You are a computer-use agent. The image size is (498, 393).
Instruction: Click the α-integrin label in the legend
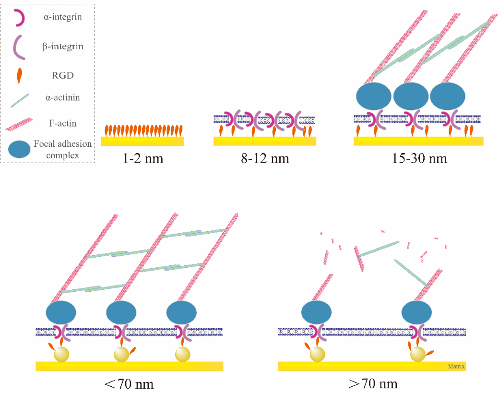pyautogui.click(x=62, y=16)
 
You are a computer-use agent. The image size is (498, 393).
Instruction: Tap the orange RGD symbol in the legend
pyautogui.click(x=19, y=76)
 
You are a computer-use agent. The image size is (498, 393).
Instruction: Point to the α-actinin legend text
pyautogui.click(x=62, y=97)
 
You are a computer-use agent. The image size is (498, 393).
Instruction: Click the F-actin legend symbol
pyautogui.click(x=19, y=124)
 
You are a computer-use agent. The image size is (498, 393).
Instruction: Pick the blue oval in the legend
pyautogui.click(x=19, y=149)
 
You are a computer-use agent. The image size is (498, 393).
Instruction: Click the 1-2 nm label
pyautogui.click(x=142, y=158)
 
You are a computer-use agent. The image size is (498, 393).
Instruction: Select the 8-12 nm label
pyautogui.click(x=265, y=158)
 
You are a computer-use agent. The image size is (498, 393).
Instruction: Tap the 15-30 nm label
pyautogui.click(x=419, y=158)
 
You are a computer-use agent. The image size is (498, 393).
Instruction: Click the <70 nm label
pyautogui.click(x=129, y=384)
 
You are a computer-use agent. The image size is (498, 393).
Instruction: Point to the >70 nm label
pyautogui.click(x=373, y=384)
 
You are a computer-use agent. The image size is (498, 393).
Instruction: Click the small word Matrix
pyautogui.click(x=456, y=366)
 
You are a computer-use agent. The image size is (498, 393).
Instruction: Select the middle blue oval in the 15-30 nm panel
pyautogui.click(x=411, y=96)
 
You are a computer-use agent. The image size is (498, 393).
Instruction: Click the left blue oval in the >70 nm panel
pyautogui.click(x=316, y=312)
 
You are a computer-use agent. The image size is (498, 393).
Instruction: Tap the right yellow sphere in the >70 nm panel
pyautogui.click(x=417, y=354)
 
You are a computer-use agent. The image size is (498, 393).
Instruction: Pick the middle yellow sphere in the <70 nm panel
pyautogui.click(x=121, y=354)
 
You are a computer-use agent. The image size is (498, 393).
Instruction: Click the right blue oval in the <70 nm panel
pyautogui.click(x=181, y=312)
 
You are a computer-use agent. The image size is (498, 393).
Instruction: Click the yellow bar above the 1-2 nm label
pyautogui.click(x=142, y=141)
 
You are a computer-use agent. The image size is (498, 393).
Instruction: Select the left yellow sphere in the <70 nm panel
pyautogui.click(x=61, y=354)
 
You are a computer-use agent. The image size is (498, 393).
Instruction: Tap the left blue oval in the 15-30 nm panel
pyautogui.click(x=373, y=96)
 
